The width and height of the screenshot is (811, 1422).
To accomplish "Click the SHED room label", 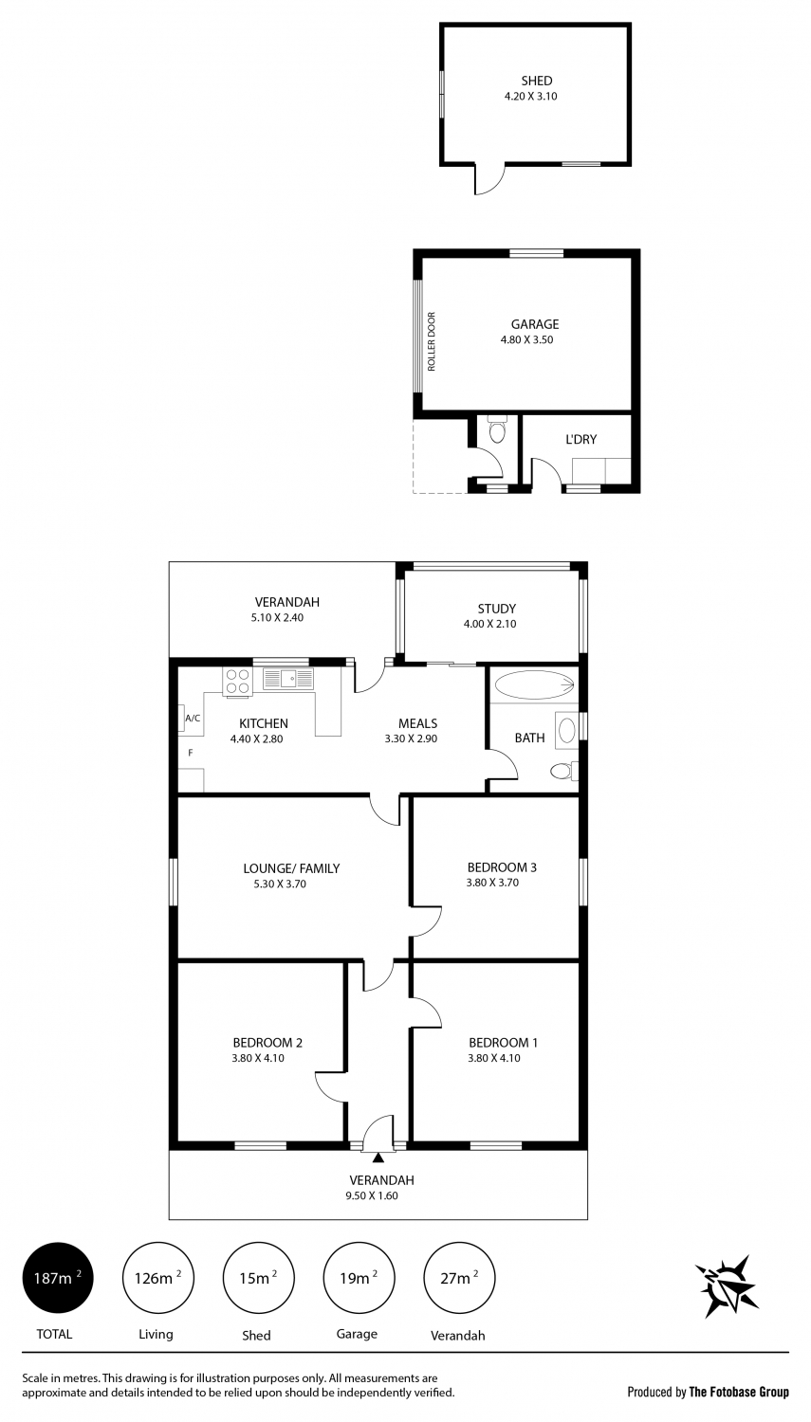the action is [537, 81].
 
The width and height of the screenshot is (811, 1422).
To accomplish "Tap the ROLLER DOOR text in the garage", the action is [432, 341].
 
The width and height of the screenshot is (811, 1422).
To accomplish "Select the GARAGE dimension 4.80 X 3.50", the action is [527, 339].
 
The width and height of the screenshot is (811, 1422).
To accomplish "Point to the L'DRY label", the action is [581, 439].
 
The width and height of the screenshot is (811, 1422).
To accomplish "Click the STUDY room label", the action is [497, 609].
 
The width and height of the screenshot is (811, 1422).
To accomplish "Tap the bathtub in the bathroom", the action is [535, 685].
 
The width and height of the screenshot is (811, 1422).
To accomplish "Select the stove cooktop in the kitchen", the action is [237, 682].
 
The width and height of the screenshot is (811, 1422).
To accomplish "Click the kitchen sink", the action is [289, 679].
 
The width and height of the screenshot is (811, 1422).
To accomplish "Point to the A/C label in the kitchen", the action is [193, 719].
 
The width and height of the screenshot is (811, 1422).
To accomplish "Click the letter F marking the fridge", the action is [190, 753].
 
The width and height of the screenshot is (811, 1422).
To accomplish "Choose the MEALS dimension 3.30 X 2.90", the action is [411, 738].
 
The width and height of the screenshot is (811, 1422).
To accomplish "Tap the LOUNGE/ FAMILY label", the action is [291, 867].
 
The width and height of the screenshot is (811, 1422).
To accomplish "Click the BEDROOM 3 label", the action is [502, 867].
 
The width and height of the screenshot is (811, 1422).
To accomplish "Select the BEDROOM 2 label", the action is [267, 1043].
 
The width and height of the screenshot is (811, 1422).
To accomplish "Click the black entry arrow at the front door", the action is [378, 1158].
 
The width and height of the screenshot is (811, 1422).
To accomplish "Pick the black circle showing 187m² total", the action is [58, 1278].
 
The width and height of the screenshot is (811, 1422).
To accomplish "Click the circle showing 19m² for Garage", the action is [359, 1278].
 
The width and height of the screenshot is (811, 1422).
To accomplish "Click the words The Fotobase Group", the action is [739, 1392].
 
